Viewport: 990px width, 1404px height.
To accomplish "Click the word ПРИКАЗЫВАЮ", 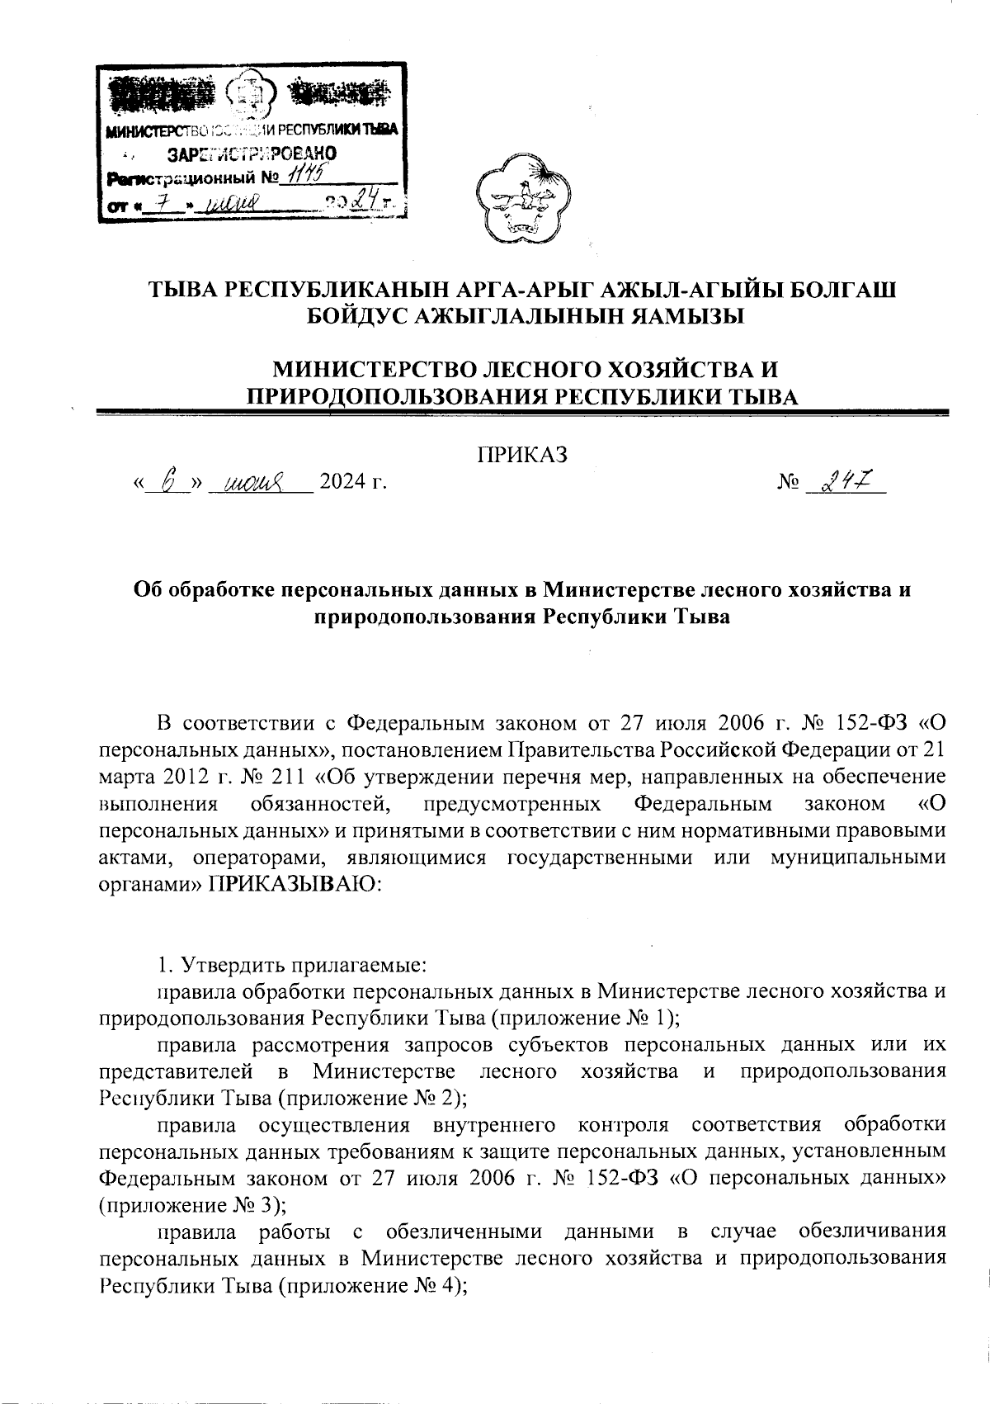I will [x=293, y=882].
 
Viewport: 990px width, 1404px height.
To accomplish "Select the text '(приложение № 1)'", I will [x=585, y=1015].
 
